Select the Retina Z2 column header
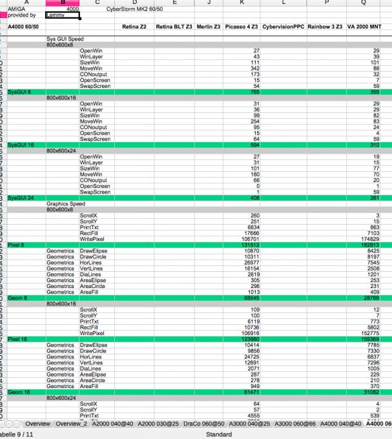[x=134, y=26]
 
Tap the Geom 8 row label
[x=19, y=298]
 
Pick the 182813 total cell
[x=369, y=245]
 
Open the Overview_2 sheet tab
[x=72, y=424]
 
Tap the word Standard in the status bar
[x=218, y=434]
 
